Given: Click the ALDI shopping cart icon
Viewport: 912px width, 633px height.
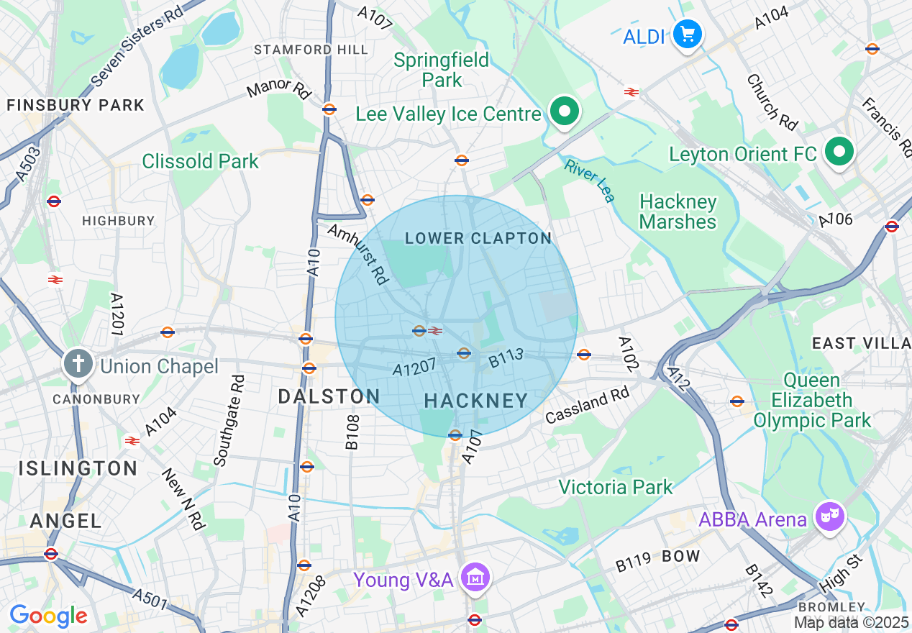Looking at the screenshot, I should [687, 34].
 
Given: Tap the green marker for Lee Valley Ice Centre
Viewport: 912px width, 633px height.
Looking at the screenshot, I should [565, 111].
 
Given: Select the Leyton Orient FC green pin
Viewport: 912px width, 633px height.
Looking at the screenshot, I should [839, 152].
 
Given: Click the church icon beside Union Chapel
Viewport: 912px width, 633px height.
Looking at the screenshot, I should [78, 364].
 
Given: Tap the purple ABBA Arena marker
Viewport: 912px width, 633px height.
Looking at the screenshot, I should [830, 516].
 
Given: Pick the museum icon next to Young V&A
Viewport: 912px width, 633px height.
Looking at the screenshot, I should [475, 577].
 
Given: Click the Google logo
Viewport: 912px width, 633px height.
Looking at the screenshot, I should [48, 616].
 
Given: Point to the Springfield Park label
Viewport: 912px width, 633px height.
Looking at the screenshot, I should [442, 70].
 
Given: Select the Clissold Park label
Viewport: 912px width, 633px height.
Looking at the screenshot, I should [200, 161].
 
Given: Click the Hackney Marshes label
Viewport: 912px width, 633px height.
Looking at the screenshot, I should [678, 211].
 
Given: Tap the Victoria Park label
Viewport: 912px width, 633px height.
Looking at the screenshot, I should [616, 487].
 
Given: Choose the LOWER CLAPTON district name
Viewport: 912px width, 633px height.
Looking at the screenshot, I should [478, 238].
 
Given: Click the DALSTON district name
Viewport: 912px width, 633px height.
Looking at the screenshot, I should [329, 396].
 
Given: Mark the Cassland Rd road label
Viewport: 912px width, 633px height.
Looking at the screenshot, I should [587, 405].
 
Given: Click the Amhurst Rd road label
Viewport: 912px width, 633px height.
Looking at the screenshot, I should [357, 253].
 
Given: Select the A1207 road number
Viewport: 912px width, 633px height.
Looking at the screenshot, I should [415, 368].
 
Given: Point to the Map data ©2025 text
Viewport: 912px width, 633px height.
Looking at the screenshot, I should [852, 622].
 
